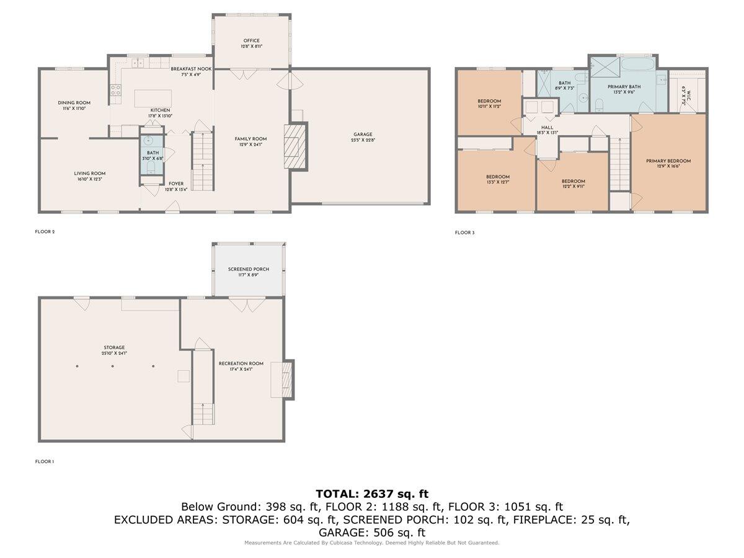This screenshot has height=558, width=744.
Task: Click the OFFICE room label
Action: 251,41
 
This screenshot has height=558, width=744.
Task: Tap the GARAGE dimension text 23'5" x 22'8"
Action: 363,140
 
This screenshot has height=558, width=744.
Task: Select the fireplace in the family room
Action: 295,146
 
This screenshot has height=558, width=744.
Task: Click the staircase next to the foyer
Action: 201,161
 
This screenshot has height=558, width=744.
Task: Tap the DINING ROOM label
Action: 74,103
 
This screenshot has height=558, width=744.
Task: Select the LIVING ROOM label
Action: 90,174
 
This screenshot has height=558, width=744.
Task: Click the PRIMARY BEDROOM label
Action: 668,161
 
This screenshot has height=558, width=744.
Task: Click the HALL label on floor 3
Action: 547,127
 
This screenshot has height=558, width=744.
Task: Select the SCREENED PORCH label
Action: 248,269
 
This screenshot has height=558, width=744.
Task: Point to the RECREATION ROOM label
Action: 241,363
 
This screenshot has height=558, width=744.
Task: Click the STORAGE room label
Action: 114,348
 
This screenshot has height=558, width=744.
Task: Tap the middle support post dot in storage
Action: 113,366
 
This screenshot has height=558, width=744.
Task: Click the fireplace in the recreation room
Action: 286,379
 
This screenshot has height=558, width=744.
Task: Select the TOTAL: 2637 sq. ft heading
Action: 372,494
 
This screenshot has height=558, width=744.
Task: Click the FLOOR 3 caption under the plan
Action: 464,232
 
